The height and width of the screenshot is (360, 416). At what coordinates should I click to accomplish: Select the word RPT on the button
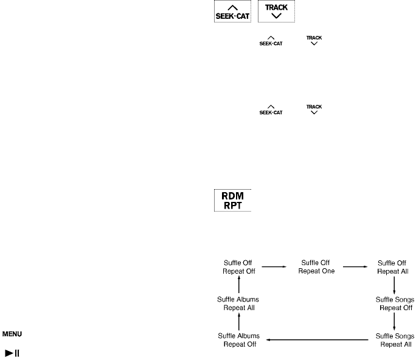[x=232, y=206]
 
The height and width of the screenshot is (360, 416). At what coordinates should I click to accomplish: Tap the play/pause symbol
[x=12, y=352]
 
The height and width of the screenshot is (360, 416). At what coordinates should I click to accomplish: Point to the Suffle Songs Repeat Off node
[x=395, y=303]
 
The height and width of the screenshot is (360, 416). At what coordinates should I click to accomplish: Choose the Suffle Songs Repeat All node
[x=395, y=339]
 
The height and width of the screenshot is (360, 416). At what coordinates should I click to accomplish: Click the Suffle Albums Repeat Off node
[x=238, y=339]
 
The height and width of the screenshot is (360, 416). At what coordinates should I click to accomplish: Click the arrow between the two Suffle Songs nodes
[x=395, y=321]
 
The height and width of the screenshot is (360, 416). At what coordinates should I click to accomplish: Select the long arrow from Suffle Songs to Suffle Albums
[x=319, y=339]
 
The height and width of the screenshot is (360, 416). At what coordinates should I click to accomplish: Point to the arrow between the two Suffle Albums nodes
[x=238, y=321]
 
